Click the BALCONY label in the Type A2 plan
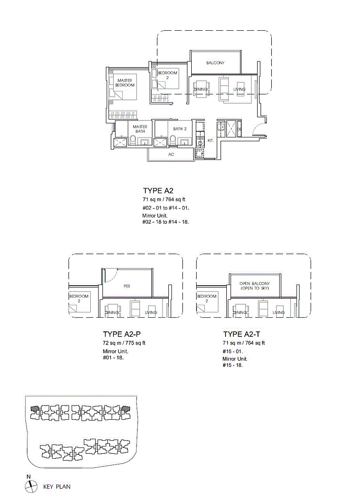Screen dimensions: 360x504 (215, 63)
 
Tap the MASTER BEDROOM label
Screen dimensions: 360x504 (125, 83)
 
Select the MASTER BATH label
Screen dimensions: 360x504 (140, 129)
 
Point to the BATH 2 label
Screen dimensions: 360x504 (180, 129)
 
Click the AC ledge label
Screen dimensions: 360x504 (171, 155)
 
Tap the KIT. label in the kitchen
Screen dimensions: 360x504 (211, 141)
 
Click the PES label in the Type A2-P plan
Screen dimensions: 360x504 (127, 286)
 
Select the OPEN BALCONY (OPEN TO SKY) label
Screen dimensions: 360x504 (255, 286)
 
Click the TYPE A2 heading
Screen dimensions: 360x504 (158, 191)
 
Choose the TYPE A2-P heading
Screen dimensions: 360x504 (121, 334)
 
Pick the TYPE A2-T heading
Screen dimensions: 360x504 (241, 334)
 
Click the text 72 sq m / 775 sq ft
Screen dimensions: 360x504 (124, 343)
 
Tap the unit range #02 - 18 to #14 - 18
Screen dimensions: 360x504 (166, 222)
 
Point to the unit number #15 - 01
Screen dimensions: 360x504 (233, 351)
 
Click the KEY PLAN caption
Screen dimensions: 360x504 (57, 486)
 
